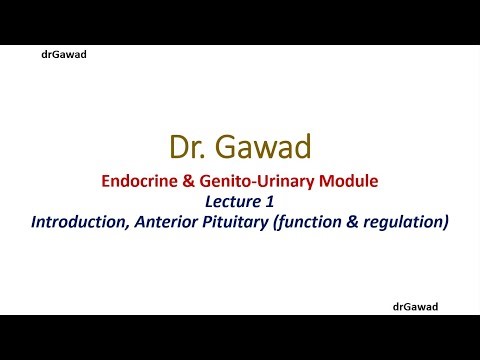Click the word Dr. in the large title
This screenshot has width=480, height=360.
pos(192,148)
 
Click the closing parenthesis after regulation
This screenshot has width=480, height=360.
pos(443,220)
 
